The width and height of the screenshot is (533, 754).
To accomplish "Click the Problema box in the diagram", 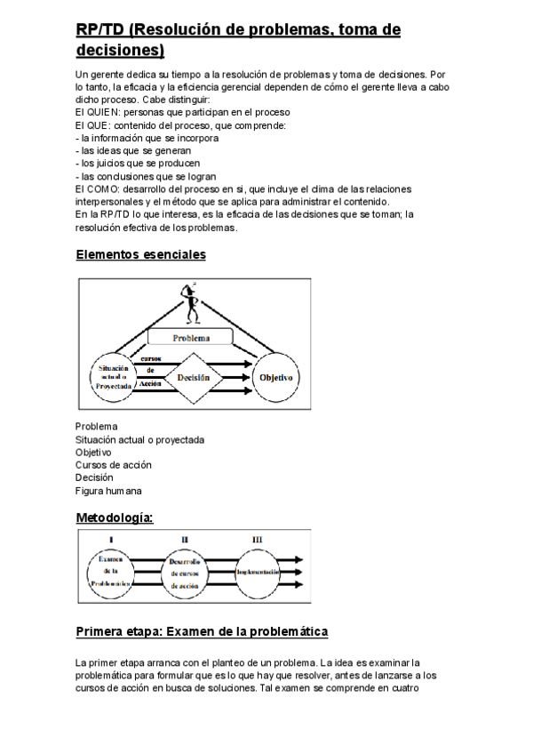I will coord(190,338).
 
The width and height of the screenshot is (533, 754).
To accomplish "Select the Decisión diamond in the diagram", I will coord(193,377).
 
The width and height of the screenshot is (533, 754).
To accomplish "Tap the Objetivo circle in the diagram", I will coord(275,377).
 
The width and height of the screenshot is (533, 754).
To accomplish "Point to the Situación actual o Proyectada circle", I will coord(111,377).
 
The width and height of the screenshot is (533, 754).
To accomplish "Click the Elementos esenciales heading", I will coord(140,255).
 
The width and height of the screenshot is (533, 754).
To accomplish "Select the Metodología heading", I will coord(115,517).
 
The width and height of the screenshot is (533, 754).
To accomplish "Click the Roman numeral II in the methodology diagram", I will coord(185,539).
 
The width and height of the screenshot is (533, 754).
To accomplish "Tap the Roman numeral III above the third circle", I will coord(258,539).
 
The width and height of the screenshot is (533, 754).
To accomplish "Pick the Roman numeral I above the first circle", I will coord(111,539).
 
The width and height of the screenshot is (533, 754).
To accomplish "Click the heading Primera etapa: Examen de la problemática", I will coord(202,632).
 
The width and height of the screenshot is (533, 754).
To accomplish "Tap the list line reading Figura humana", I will coord(108,490).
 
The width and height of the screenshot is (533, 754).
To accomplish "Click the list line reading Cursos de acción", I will coord(114,464).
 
